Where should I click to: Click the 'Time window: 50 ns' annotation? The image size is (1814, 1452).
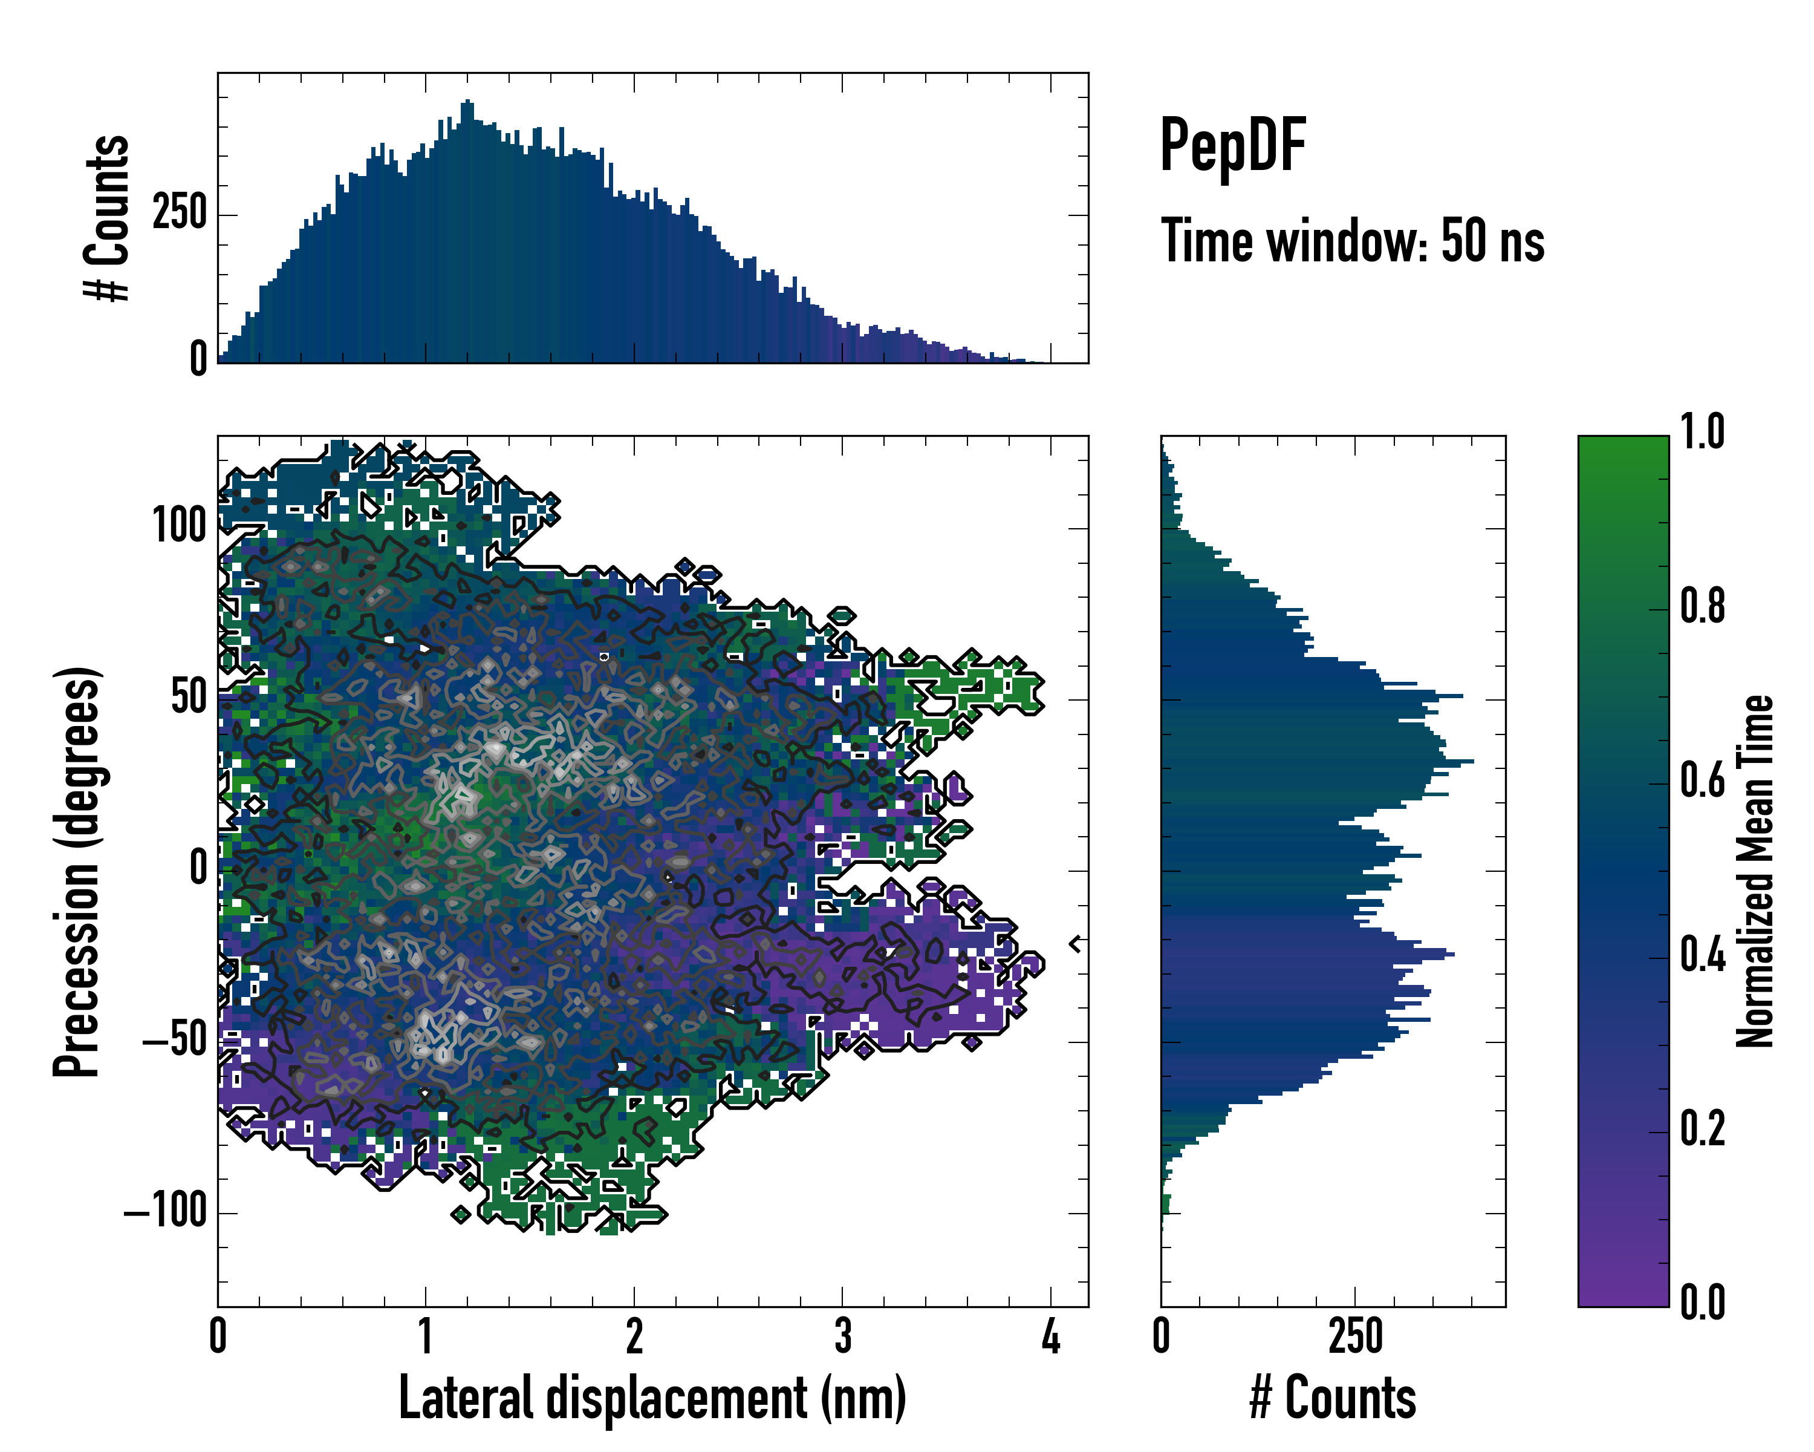[1352, 241]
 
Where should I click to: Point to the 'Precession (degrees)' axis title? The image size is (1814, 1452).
[77, 871]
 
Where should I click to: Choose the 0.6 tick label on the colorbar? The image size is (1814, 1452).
[1702, 780]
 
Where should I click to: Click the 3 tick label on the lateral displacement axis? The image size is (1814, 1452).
[842, 1336]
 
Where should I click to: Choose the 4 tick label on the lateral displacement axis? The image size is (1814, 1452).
[1050, 1336]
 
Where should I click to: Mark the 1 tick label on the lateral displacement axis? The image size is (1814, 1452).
[426, 1336]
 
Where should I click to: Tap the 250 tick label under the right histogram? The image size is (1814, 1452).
[1356, 1336]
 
